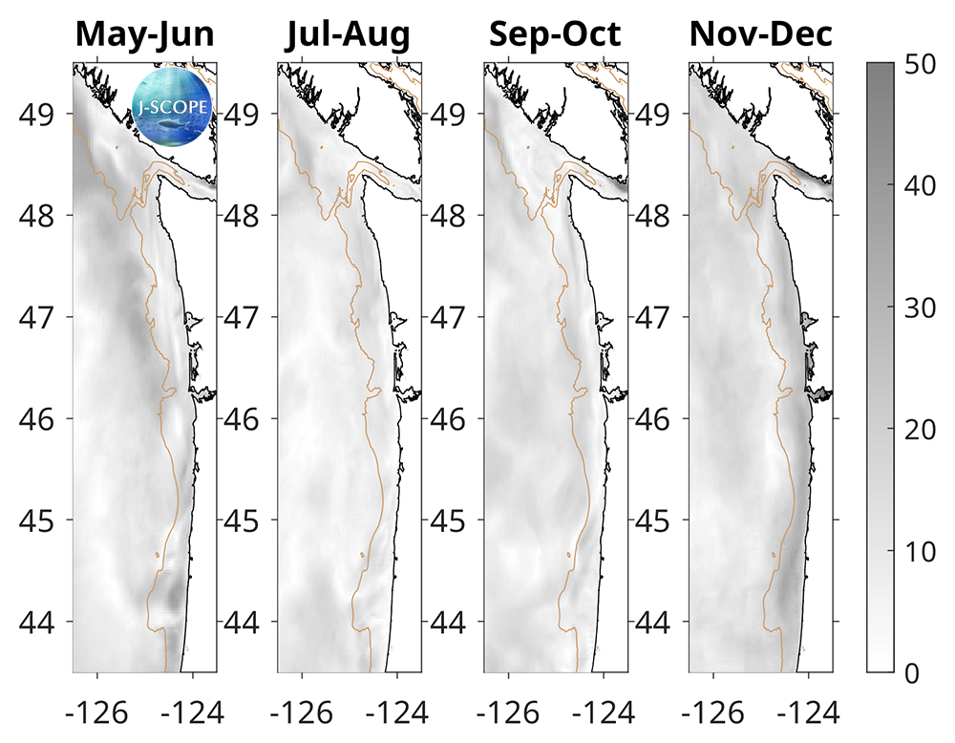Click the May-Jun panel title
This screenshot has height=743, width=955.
tap(144, 35)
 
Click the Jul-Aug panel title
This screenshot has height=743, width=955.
tap(350, 35)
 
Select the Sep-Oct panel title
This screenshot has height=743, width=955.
tap(555, 35)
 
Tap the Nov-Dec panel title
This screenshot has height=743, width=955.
tap(760, 35)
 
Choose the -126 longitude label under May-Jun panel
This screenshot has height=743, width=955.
tap(95, 712)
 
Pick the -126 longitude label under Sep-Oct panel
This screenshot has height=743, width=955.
tap(505, 712)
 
